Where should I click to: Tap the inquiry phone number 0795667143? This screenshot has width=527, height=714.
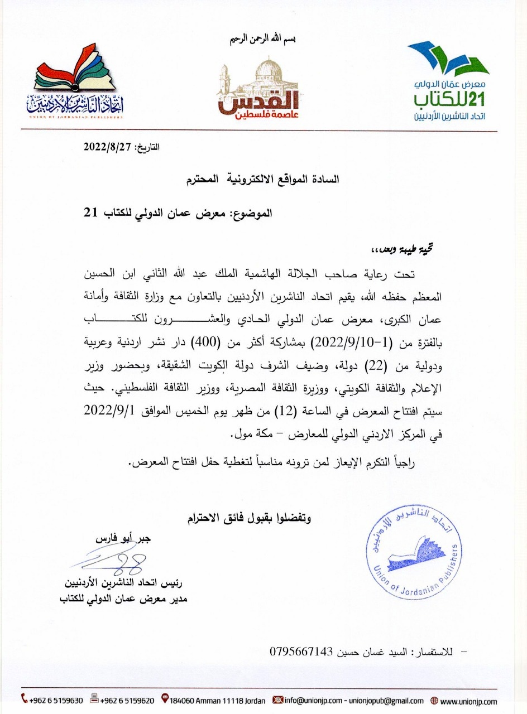(301, 652)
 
